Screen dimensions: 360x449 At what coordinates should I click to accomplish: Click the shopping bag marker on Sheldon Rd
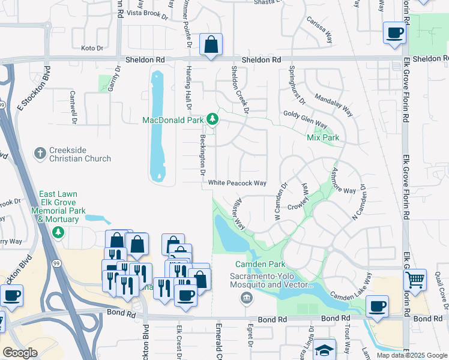pos(211,45)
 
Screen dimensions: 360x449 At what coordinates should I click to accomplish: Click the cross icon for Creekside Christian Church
pos(41,154)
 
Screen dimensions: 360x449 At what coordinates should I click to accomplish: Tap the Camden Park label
pos(260,264)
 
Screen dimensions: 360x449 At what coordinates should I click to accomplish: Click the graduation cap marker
pos(324,350)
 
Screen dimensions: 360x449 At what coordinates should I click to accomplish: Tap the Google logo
pos(20,353)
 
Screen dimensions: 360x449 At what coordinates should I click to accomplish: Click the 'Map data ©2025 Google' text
pos(411,355)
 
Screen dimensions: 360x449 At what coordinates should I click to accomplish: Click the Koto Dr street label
pos(92,47)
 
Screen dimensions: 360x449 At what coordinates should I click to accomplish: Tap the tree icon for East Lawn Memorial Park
pos(58,232)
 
